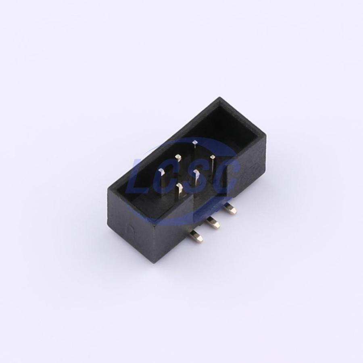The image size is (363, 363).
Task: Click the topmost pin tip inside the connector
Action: click(x=195, y=143)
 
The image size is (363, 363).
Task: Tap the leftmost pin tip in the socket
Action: click(x=162, y=172)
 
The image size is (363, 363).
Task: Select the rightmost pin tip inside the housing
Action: click(x=213, y=158)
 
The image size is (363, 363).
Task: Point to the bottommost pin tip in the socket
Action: click(x=179, y=186)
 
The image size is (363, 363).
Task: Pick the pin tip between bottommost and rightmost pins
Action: click(x=196, y=172)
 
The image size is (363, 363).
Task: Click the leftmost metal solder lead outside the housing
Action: click(x=196, y=237)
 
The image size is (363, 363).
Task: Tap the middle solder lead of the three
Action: click(x=213, y=223)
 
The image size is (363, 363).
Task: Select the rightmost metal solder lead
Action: click(x=231, y=208)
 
